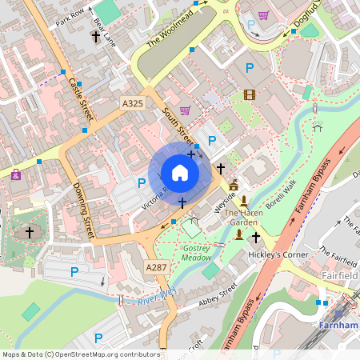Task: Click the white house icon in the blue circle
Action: pyautogui.click(x=179, y=173)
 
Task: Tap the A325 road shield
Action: pyautogui.click(x=133, y=104)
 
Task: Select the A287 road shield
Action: pyautogui.click(x=156, y=266)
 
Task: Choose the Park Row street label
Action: pyautogui.click(x=70, y=17)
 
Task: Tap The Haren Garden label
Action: pyautogui.click(x=245, y=218)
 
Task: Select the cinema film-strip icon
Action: pyautogui.click(x=249, y=94)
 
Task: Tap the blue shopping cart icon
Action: pyautogui.click(x=264, y=14)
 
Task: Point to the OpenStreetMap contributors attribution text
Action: pyautogui.click(x=80, y=354)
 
